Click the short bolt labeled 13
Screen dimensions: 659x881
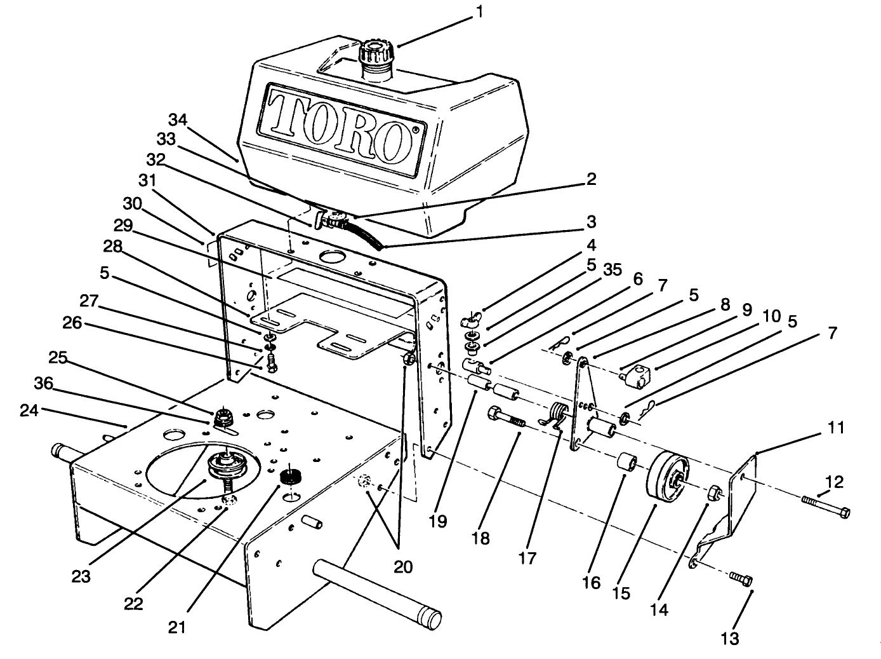point(741,579)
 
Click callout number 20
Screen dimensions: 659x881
point(402,566)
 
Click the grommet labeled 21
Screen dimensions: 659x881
point(293,475)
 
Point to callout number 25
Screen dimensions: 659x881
point(58,358)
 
